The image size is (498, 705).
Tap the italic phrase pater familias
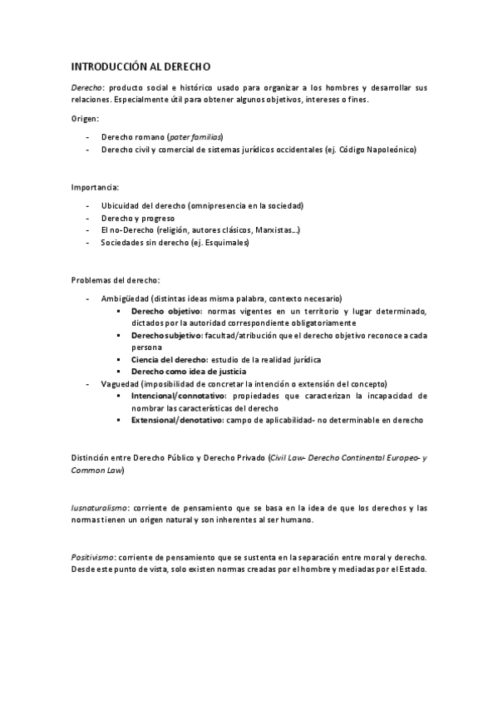[x=195, y=136]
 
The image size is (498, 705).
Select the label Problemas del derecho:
[x=116, y=280]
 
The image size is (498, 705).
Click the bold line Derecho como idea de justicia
[x=191, y=371]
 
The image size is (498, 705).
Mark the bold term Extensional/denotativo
[x=177, y=420]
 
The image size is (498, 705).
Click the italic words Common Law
[x=96, y=470]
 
